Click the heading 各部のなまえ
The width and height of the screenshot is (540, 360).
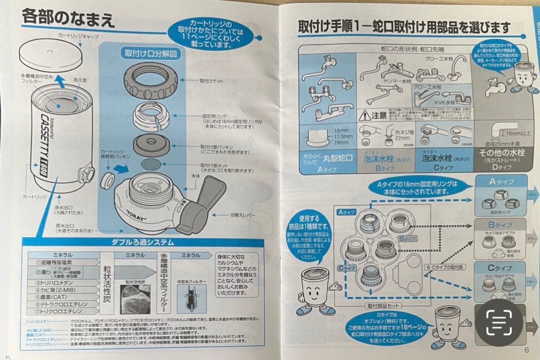click(x=68, y=19)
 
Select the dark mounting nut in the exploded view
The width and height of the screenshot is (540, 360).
click(x=150, y=80)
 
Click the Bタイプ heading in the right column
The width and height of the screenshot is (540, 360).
click(x=499, y=225)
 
